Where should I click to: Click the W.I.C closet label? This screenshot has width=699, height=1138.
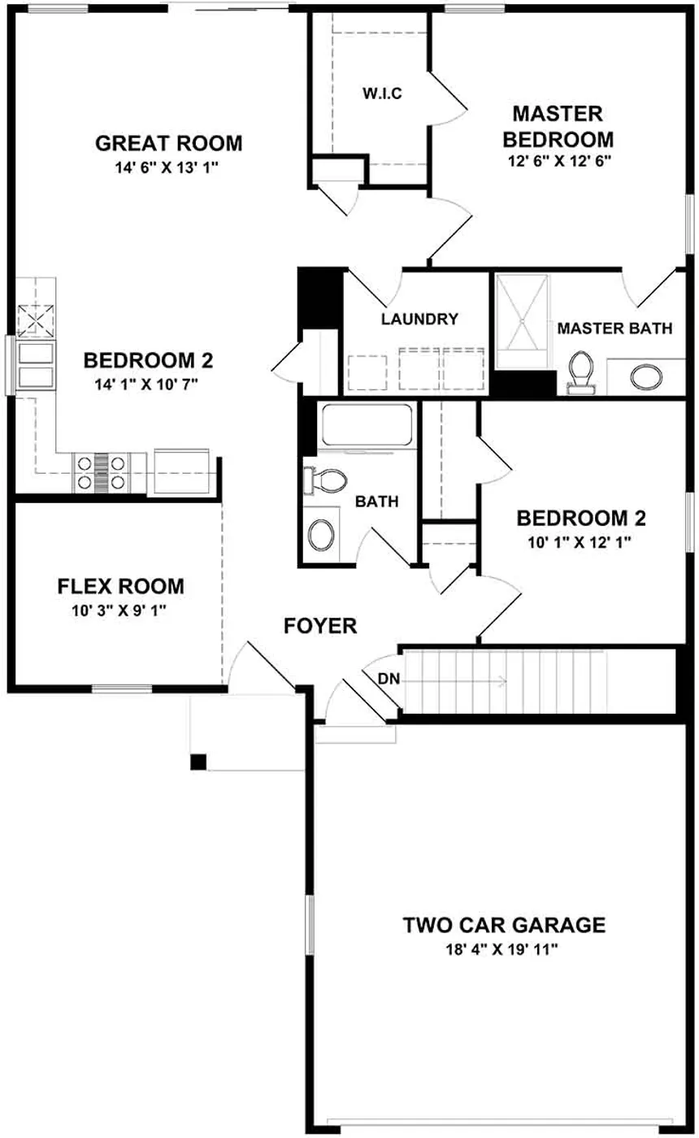(382, 93)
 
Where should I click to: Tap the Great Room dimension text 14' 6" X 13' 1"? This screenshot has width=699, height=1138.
(167, 167)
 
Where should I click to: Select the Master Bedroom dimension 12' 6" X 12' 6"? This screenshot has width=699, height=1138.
(559, 161)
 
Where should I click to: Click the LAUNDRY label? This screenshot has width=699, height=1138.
(419, 319)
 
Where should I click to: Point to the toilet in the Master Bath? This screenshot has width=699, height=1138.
(580, 373)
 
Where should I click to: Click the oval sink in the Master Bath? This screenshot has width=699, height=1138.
(646, 376)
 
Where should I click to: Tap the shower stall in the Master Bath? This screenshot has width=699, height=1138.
(522, 321)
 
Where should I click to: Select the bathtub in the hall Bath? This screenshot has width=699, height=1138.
(367, 426)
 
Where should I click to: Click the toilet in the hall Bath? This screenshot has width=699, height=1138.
(326, 480)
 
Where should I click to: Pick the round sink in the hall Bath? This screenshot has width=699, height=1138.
(321, 534)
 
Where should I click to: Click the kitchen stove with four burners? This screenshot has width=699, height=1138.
(102, 472)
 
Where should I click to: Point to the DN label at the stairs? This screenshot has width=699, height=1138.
(389, 678)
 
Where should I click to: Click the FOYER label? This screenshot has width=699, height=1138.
(320, 625)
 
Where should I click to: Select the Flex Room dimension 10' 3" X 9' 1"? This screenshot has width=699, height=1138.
(119, 610)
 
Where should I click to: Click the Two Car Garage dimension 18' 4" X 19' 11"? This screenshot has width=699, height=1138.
(502, 949)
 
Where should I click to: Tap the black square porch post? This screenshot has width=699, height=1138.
(198, 762)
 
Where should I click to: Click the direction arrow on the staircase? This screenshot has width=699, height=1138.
(456, 681)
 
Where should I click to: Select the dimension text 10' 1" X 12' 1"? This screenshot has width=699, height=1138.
(580, 542)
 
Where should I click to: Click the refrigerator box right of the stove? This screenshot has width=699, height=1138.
(181, 471)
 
